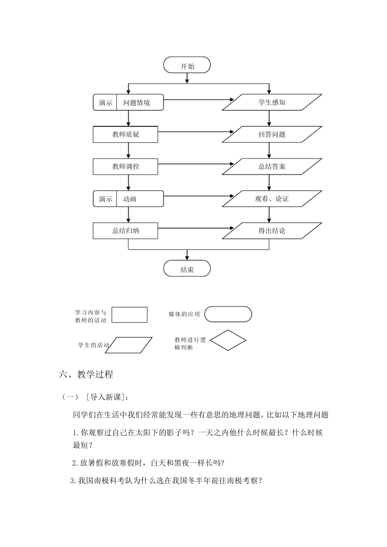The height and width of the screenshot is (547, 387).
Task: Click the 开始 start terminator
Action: (x=187, y=66)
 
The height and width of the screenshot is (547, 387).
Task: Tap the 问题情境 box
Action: (x=137, y=103)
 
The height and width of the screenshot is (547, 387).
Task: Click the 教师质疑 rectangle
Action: (x=125, y=135)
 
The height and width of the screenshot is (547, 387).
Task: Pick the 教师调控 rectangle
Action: (x=125, y=166)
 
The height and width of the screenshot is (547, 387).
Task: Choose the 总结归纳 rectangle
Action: (x=125, y=231)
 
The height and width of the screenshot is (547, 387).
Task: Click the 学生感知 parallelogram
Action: (x=272, y=102)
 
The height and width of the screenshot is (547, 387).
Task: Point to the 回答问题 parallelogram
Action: (x=272, y=134)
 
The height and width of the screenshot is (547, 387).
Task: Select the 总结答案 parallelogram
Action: (x=272, y=166)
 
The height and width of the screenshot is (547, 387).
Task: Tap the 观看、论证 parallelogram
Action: (x=272, y=199)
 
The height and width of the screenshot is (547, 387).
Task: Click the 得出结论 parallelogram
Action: (x=272, y=231)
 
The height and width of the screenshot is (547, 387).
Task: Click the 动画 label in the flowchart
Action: (x=130, y=199)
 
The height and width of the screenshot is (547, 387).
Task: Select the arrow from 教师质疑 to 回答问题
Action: (x=196, y=132)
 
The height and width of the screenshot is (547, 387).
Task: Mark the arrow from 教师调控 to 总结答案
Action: (x=196, y=164)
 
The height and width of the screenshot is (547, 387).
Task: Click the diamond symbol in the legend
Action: (x=228, y=340)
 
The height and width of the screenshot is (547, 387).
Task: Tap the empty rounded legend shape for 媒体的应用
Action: (x=228, y=314)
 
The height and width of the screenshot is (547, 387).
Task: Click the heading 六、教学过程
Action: (x=86, y=374)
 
